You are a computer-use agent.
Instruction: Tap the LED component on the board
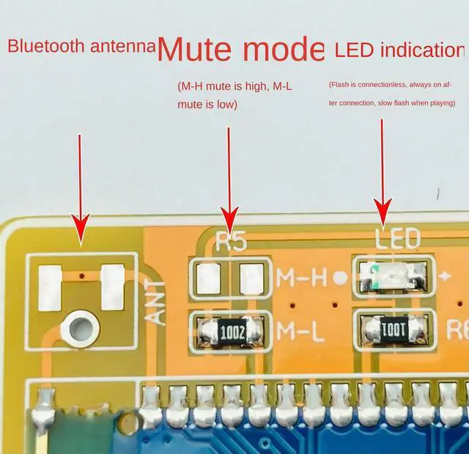[389, 276]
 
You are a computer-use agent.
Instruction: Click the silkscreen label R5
[232, 242]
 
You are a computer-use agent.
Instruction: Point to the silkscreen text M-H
[301, 278]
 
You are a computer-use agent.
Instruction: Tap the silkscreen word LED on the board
[397, 239]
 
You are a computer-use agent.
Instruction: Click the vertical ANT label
[157, 302]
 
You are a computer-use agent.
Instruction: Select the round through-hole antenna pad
[80, 327]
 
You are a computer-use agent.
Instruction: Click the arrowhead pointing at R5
[229, 217]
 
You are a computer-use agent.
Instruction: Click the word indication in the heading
[421, 50]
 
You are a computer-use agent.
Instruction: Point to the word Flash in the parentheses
[339, 86]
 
